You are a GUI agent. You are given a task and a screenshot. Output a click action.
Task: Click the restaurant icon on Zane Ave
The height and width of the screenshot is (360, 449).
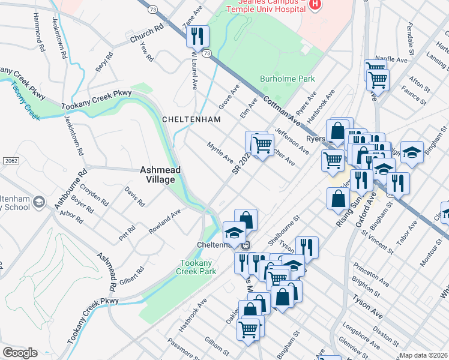pyautogui.click(x=197, y=37)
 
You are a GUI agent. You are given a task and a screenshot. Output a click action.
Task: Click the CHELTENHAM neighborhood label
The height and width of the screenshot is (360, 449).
pyautogui.click(x=191, y=119)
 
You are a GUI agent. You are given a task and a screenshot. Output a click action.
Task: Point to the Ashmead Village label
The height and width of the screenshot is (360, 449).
pyautogui.click(x=160, y=175)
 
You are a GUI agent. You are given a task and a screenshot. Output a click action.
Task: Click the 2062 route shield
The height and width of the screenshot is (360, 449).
pyautogui.click(x=9, y=161)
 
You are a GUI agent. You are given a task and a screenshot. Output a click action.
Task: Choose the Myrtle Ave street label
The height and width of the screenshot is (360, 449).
pyautogui.click(x=220, y=152)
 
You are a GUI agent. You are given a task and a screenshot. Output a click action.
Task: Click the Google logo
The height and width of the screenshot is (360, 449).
pyautogui.click(x=20, y=353)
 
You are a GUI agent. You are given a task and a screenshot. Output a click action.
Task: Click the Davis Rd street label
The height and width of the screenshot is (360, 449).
pyautogui.click(x=134, y=196)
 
